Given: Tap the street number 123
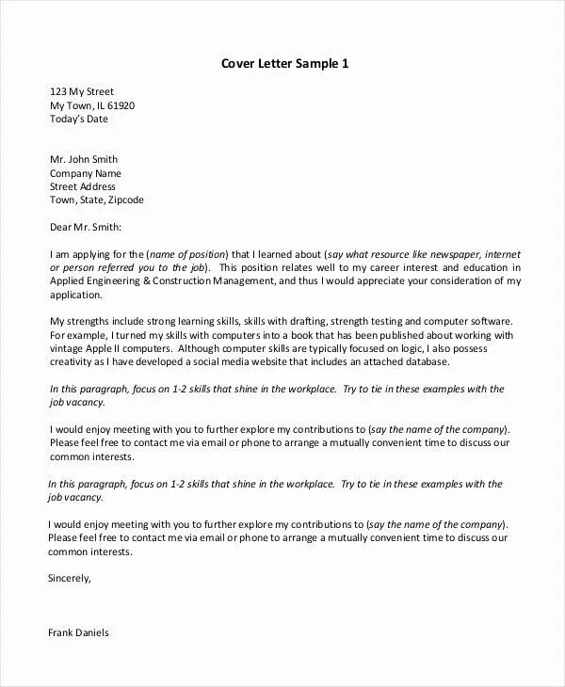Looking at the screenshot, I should pyautogui.click(x=58, y=92).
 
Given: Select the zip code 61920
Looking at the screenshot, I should pyautogui.click(x=120, y=106).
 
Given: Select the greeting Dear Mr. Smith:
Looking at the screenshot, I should pyautogui.click(x=86, y=227).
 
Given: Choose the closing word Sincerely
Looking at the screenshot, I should pyautogui.click(x=70, y=579).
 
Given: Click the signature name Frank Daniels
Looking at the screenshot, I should pyautogui.click(x=79, y=633).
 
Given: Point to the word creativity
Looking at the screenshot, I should pyautogui.click(x=72, y=361).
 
